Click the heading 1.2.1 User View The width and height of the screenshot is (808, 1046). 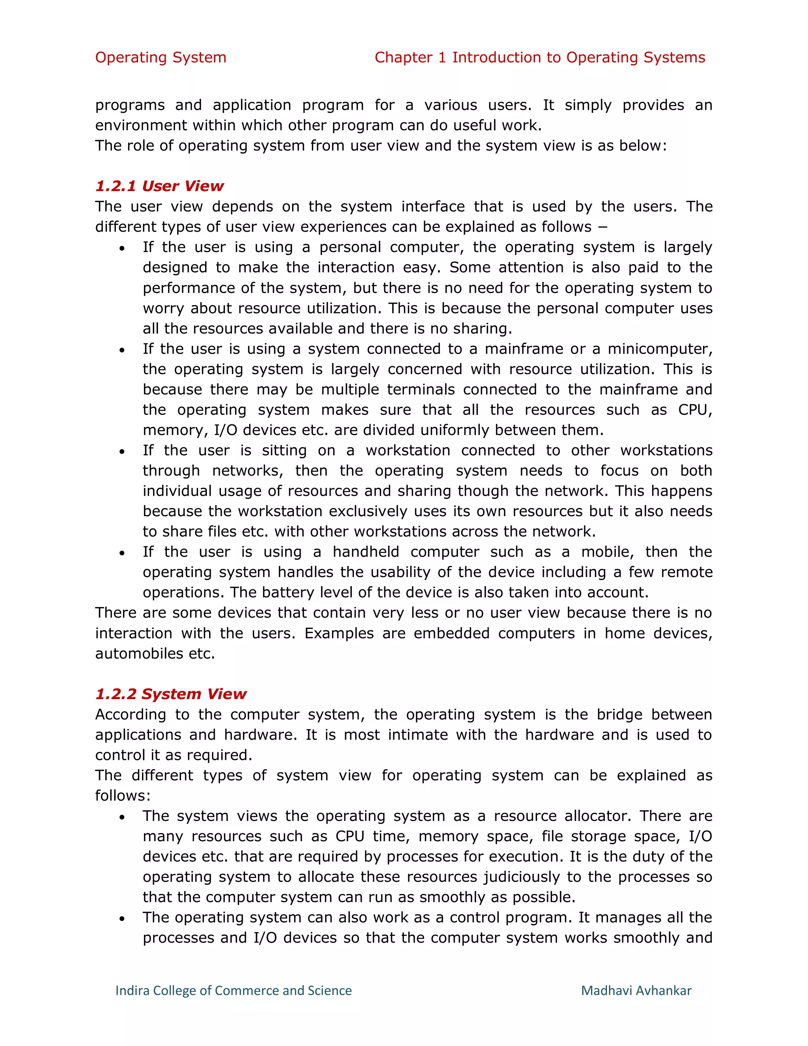[159, 186]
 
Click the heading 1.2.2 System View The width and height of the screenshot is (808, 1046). [170, 694]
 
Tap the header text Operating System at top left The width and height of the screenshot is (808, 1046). [160, 58]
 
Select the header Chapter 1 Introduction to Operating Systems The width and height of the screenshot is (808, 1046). [539, 58]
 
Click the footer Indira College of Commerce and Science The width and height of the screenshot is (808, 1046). [234, 990]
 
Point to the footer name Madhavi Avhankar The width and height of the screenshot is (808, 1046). [636, 990]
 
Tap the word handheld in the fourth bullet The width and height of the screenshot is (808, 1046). [366, 552]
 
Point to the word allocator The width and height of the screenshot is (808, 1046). [597, 816]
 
